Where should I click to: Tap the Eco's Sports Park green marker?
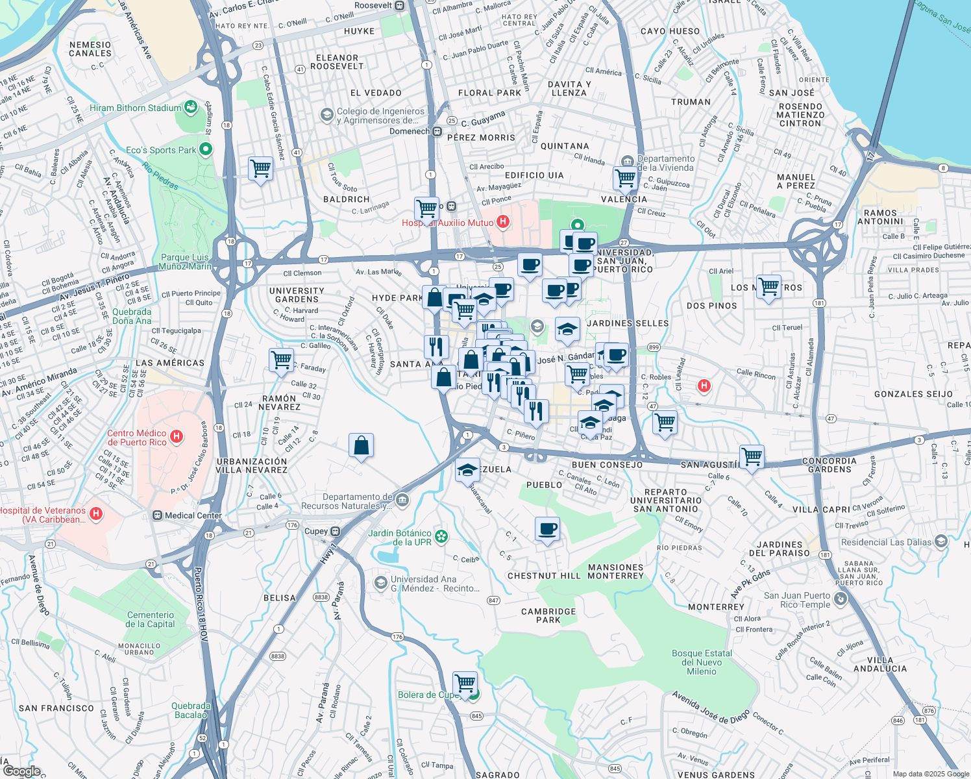click(206, 150)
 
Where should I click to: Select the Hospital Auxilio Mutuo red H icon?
click(502, 223)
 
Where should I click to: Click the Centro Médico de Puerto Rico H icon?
click(176, 438)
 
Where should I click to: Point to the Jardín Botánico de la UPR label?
click(400, 538)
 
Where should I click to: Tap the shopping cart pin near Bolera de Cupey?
click(465, 683)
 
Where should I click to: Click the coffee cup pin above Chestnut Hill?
click(547, 529)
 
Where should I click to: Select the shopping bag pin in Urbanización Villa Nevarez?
click(361, 446)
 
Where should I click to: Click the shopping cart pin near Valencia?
click(626, 177)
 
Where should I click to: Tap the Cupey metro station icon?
click(336, 531)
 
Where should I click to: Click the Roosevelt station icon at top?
click(400, 5)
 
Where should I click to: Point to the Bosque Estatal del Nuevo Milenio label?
click(702, 662)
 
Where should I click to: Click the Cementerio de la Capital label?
click(151, 619)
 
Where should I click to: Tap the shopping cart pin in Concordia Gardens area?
click(752, 456)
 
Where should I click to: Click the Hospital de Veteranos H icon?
click(96, 514)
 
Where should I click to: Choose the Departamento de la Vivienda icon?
click(627, 161)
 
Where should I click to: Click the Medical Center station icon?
click(157, 515)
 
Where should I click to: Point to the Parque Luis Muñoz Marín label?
click(186, 262)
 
